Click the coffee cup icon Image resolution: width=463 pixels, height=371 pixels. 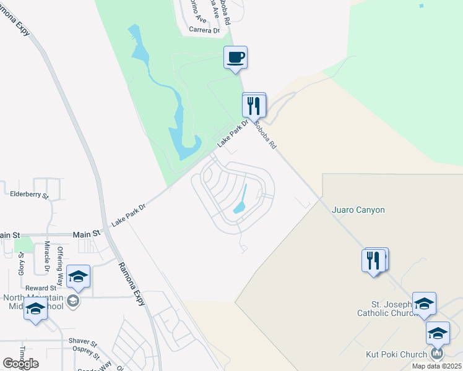pyautogui.click(x=235, y=58)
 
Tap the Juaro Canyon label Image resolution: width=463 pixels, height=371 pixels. pyautogui.click(x=358, y=210)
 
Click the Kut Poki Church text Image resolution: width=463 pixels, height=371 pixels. pyautogui.click(x=396, y=354)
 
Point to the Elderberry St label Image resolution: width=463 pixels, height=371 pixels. pyautogui.click(x=29, y=194)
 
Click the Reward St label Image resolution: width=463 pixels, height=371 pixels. pyautogui.click(x=41, y=288)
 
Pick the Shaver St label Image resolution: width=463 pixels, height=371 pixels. pyautogui.click(x=83, y=342)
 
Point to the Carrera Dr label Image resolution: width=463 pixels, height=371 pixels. pyautogui.click(x=205, y=30)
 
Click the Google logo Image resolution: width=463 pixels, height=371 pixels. pyautogui.click(x=21, y=363)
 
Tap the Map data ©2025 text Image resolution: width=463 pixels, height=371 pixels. pyautogui.click(x=436, y=366)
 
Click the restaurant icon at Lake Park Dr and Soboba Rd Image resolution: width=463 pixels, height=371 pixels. pyautogui.click(x=254, y=104)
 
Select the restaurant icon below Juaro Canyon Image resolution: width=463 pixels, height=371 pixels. pyautogui.click(x=374, y=260)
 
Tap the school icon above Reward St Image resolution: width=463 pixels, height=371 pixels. pyautogui.click(x=78, y=276)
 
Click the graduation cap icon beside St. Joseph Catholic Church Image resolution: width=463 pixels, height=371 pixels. pyautogui.click(x=424, y=304)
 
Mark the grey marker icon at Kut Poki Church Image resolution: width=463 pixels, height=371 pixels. pyautogui.click(x=437, y=353)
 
